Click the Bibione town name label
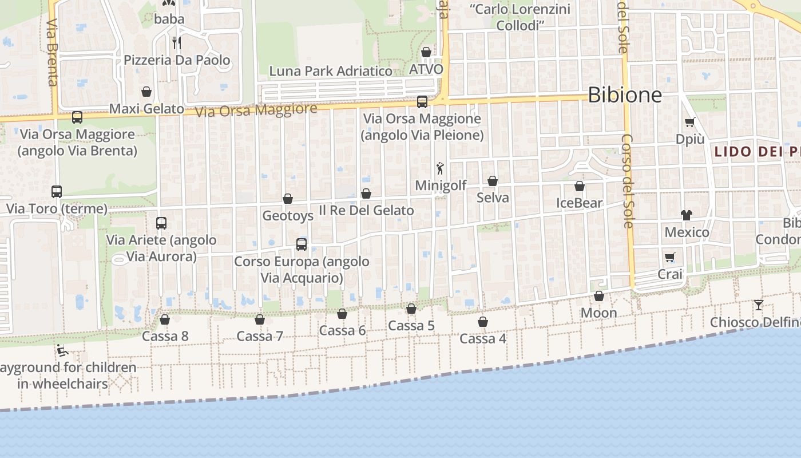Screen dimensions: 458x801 coord(624,94)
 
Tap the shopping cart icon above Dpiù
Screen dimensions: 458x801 coord(690,122)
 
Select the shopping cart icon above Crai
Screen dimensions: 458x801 coord(670,257)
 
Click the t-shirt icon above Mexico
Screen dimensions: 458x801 coord(687,215)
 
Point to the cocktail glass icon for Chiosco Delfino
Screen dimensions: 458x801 coord(759,305)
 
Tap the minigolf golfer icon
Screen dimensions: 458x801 coord(440,168)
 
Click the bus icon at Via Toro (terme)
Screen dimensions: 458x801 coord(57,192)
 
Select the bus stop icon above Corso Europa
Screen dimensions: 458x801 coord(302,244)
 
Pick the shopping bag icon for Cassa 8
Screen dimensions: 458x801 coord(165,319)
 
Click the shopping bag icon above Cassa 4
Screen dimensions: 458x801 coord(483,322)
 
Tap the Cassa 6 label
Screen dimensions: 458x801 coord(342,330)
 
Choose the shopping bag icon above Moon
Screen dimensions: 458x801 coord(599,296)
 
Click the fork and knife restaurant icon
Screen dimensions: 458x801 coord(177,42)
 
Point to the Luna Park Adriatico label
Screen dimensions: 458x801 coord(331,71)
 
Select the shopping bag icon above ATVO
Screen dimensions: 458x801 coord(426,53)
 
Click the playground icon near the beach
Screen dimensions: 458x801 coord(62,350)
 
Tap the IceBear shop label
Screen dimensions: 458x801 coord(580,203)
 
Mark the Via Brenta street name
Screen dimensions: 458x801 coord(52,53)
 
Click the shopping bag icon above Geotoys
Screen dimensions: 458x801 coord(288,199)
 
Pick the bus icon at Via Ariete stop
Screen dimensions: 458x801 coord(161,223)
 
